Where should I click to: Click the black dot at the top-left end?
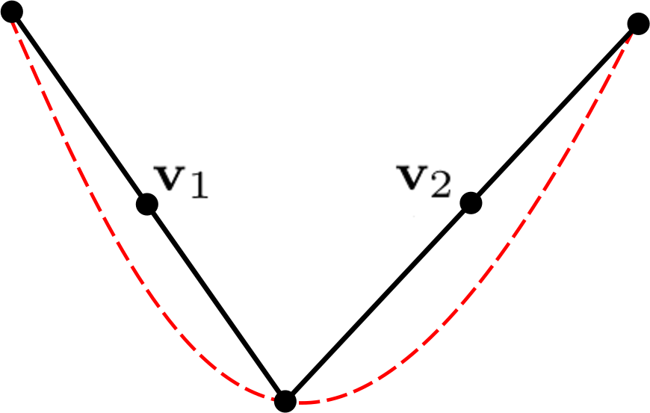(13, 13)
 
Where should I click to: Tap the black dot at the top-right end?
(637, 24)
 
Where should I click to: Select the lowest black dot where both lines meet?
(285, 401)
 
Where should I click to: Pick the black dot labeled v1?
(147, 203)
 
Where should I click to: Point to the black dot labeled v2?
(470, 202)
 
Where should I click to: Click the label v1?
(181, 182)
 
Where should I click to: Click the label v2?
(423, 182)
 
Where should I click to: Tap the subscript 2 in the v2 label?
(440, 186)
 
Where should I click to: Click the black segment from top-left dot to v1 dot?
(80, 108)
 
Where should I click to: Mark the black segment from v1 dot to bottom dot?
(217, 302)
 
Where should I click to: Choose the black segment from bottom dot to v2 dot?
(377, 302)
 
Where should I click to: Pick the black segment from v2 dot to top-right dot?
(554, 113)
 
